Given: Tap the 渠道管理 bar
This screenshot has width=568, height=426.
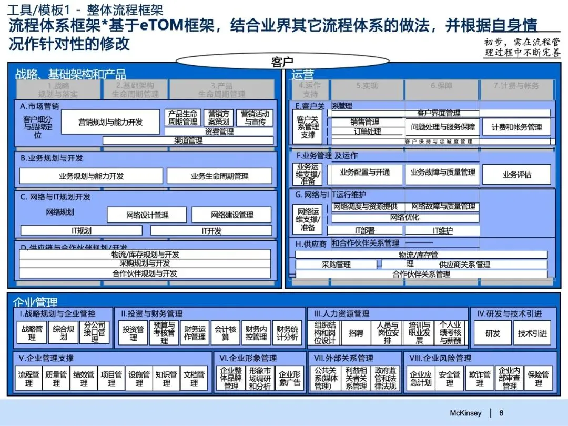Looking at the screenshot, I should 188,140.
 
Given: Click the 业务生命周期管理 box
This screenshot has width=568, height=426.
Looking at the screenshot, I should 219,176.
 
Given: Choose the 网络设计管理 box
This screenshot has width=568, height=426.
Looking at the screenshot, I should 147,215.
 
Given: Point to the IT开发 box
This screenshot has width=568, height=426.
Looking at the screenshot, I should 212,230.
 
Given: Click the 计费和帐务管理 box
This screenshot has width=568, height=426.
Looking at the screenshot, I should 516,127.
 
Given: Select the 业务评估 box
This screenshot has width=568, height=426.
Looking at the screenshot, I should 516,175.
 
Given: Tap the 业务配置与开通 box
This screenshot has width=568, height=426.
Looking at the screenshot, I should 365,173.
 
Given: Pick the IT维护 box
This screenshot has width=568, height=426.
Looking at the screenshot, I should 442,230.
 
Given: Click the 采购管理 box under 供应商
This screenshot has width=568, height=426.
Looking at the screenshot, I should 336,265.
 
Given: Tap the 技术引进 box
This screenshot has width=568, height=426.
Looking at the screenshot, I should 532,333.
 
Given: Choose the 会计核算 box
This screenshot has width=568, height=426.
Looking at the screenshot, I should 225,333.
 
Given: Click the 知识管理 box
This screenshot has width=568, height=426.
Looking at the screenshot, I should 166,378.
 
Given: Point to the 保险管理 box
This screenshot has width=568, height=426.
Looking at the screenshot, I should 538,378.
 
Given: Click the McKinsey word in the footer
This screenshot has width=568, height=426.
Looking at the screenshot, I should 465,413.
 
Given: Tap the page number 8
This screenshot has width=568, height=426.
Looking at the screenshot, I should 501,413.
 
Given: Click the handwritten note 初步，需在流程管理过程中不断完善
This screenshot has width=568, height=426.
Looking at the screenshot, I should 522,48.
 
